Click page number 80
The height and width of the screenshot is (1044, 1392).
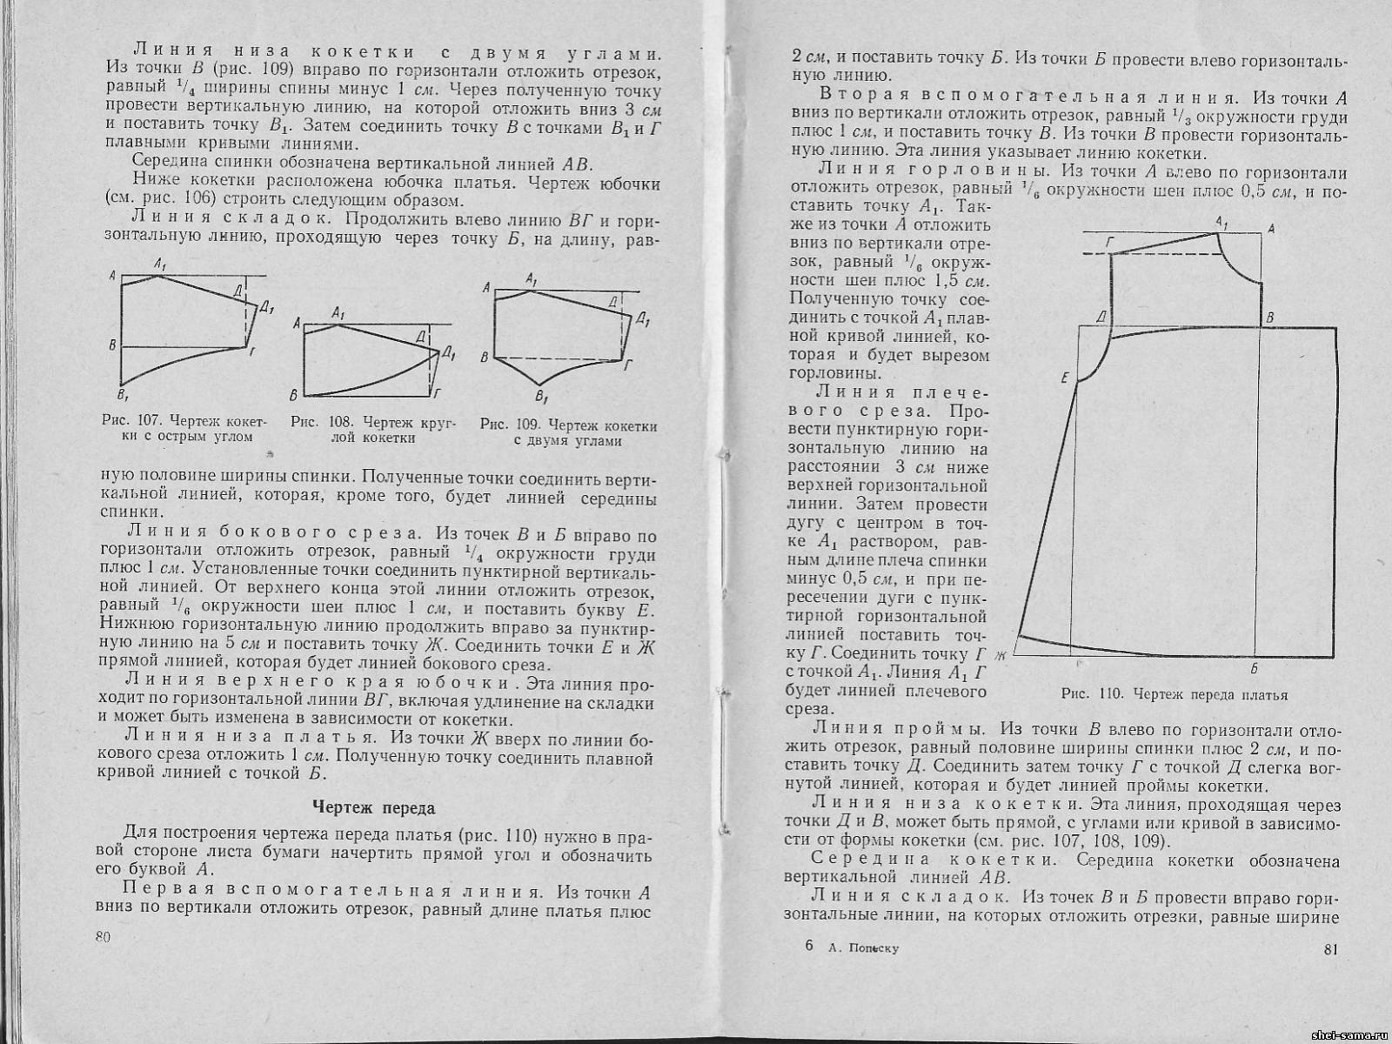(104, 937)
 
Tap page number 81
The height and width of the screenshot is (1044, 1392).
(1329, 948)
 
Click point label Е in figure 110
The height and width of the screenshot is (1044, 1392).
(1065, 378)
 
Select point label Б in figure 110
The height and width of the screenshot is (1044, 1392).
(1255, 668)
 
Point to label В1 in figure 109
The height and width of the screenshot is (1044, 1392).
(541, 398)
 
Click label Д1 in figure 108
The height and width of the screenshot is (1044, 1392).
(449, 352)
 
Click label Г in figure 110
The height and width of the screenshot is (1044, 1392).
(1108, 241)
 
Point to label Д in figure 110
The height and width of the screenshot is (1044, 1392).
(1100, 318)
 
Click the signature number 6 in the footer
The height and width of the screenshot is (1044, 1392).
(809, 947)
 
